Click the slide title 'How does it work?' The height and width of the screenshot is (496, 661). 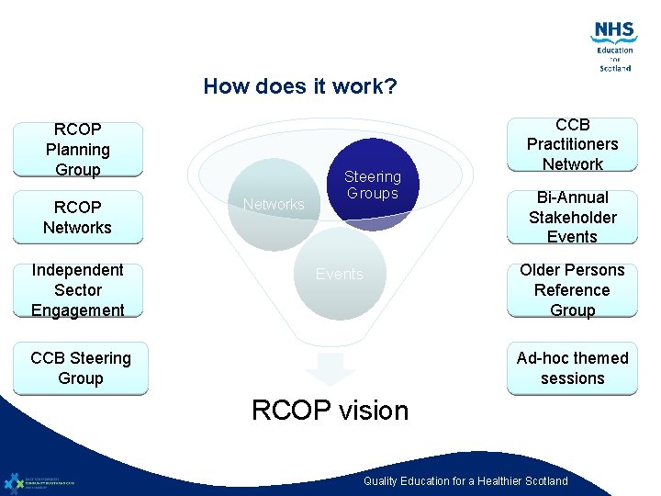tap(300, 87)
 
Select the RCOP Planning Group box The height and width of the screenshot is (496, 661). tap(78, 149)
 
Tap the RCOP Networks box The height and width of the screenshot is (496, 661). tap(78, 217)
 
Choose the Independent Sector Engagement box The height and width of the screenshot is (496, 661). tap(78, 289)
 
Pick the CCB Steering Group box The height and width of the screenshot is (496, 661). tap(81, 368)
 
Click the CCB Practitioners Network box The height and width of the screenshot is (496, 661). tap(572, 144)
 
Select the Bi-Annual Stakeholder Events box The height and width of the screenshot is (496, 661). tap(572, 217)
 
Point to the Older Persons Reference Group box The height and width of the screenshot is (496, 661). tap(572, 289)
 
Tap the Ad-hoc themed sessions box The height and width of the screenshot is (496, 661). tap(572, 368)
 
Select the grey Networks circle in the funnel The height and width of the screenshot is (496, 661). tap(273, 205)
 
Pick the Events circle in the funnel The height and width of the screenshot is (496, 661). tap(340, 275)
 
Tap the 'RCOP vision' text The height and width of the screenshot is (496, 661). tap(330, 411)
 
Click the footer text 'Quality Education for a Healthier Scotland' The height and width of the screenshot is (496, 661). tap(465, 481)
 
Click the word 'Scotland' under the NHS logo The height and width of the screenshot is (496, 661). tap(615, 68)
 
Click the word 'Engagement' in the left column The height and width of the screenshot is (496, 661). tap(78, 310)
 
